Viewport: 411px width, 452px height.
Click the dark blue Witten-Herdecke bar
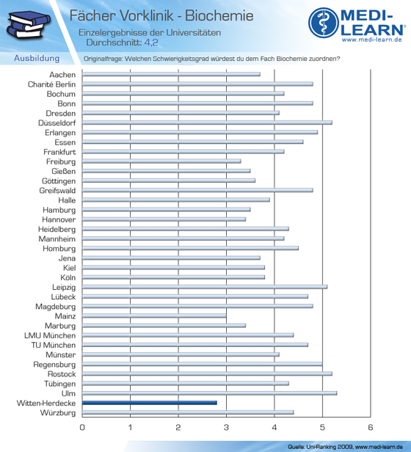coord(150,403)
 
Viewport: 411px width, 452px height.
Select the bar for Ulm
coord(209,393)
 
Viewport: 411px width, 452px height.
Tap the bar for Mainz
coord(154,316)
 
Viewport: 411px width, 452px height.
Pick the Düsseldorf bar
coord(207,123)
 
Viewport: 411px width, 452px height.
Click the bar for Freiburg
coord(161,161)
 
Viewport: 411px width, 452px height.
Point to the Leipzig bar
coord(205,287)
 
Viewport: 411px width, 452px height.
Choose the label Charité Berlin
coord(51,84)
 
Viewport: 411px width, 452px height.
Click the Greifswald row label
coord(57,191)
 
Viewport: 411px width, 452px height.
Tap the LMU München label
coord(50,335)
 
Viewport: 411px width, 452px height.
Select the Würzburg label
coord(58,413)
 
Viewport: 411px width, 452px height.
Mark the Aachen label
coord(62,75)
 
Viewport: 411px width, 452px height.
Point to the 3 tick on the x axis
coord(226,427)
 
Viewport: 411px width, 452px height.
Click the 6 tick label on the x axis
coord(371,427)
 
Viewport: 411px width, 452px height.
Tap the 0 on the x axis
coord(82,427)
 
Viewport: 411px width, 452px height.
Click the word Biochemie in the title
coord(219,15)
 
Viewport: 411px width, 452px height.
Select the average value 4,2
coord(151,43)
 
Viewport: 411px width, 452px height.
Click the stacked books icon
coord(28,24)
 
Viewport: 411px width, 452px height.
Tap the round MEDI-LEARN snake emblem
coord(324,23)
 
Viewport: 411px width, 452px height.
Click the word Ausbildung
coord(37,58)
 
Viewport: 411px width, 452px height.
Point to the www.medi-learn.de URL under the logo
coord(372,40)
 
